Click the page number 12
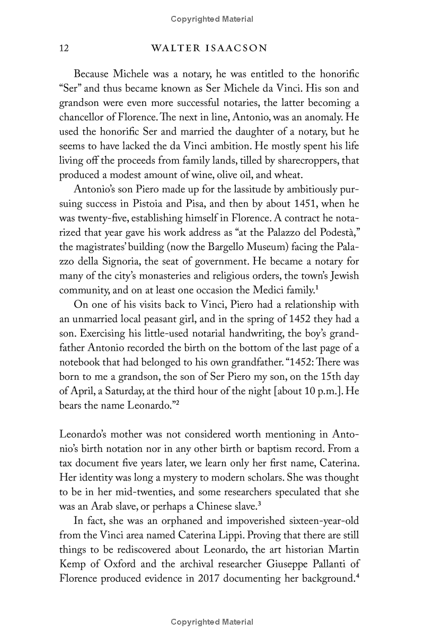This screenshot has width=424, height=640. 64,49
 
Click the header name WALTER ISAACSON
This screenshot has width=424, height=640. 209,49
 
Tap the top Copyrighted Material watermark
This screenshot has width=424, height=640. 212,19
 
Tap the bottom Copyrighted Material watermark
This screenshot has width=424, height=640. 212,622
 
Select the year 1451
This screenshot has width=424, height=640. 304,203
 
